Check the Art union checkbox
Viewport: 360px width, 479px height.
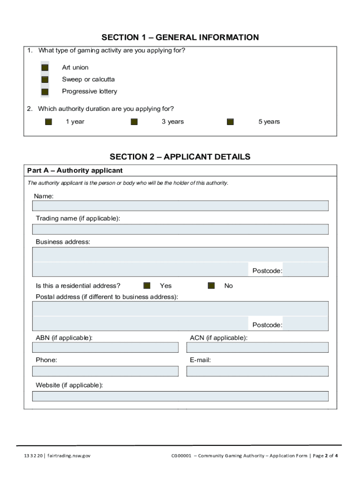tap(45, 67)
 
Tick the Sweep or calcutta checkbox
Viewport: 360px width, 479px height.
tap(45, 80)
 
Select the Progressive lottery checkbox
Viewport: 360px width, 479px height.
tap(45, 92)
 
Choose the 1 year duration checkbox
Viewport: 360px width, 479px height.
tap(49, 122)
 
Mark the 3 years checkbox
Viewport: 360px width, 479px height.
tap(134, 122)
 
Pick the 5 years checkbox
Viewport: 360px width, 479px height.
tap(230, 122)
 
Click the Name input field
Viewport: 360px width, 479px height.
tap(180, 206)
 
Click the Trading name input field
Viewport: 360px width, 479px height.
tap(180, 229)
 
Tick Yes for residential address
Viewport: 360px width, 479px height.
tap(147, 286)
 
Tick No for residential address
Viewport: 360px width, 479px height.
tap(211, 286)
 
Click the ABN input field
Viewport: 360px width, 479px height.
tap(105, 347)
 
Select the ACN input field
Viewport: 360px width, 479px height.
tap(257, 347)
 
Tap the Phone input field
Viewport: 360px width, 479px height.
tap(105, 371)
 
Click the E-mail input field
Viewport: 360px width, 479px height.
tap(257, 371)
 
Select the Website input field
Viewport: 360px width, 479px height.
tap(180, 396)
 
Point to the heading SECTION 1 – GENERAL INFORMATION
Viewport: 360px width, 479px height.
tap(180, 37)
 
